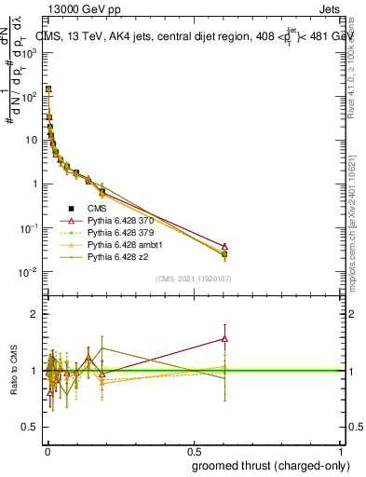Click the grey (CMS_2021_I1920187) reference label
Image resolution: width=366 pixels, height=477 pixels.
(x=193, y=279)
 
